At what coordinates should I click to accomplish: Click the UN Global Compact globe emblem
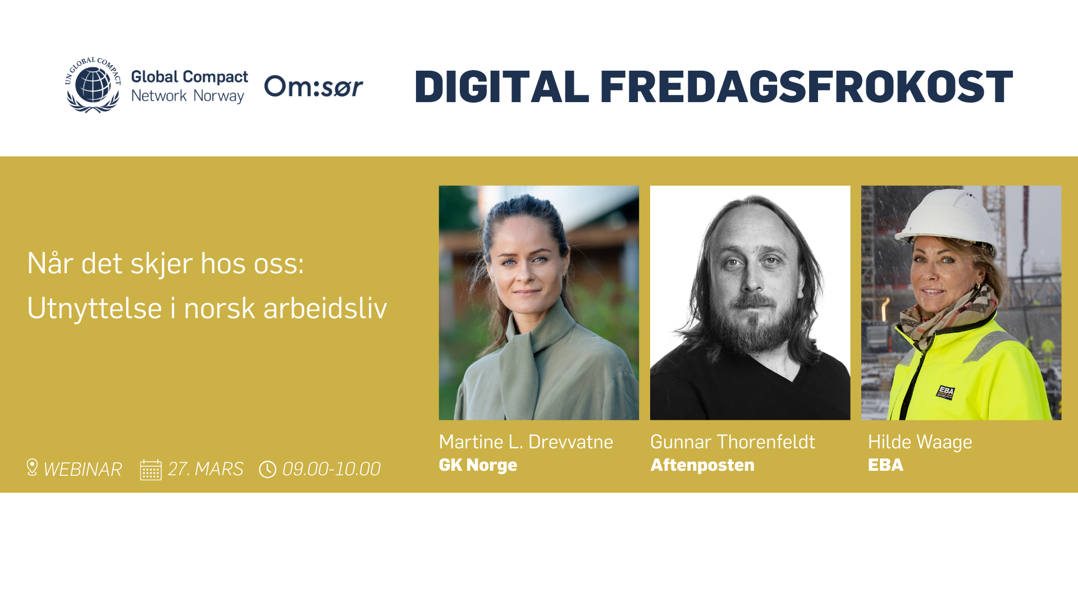pyautogui.click(x=93, y=85)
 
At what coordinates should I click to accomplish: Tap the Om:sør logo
pyautogui.click(x=313, y=87)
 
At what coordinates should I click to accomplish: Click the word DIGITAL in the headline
pyautogui.click(x=501, y=88)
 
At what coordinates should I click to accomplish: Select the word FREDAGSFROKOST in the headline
pyautogui.click(x=806, y=88)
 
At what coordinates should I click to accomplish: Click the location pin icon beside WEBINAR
pyautogui.click(x=32, y=467)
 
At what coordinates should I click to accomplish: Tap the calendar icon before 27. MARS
pyautogui.click(x=150, y=470)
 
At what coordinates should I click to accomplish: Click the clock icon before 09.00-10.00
pyautogui.click(x=267, y=469)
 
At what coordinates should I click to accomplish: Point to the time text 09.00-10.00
pyautogui.click(x=331, y=469)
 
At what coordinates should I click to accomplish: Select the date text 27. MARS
pyautogui.click(x=205, y=469)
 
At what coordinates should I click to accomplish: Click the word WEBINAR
pyautogui.click(x=83, y=469)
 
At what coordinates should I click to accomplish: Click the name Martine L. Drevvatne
pyautogui.click(x=526, y=442)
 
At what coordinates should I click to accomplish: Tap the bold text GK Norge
pyautogui.click(x=478, y=465)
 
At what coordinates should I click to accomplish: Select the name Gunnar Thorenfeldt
pyautogui.click(x=732, y=442)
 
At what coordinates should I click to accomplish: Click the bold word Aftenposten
pyautogui.click(x=702, y=465)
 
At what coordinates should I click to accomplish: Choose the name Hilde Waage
pyautogui.click(x=920, y=442)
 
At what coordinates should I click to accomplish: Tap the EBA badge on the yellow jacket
pyautogui.click(x=945, y=392)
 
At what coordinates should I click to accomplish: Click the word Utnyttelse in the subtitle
pyautogui.click(x=94, y=309)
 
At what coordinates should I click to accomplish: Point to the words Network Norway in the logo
pyautogui.click(x=188, y=97)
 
